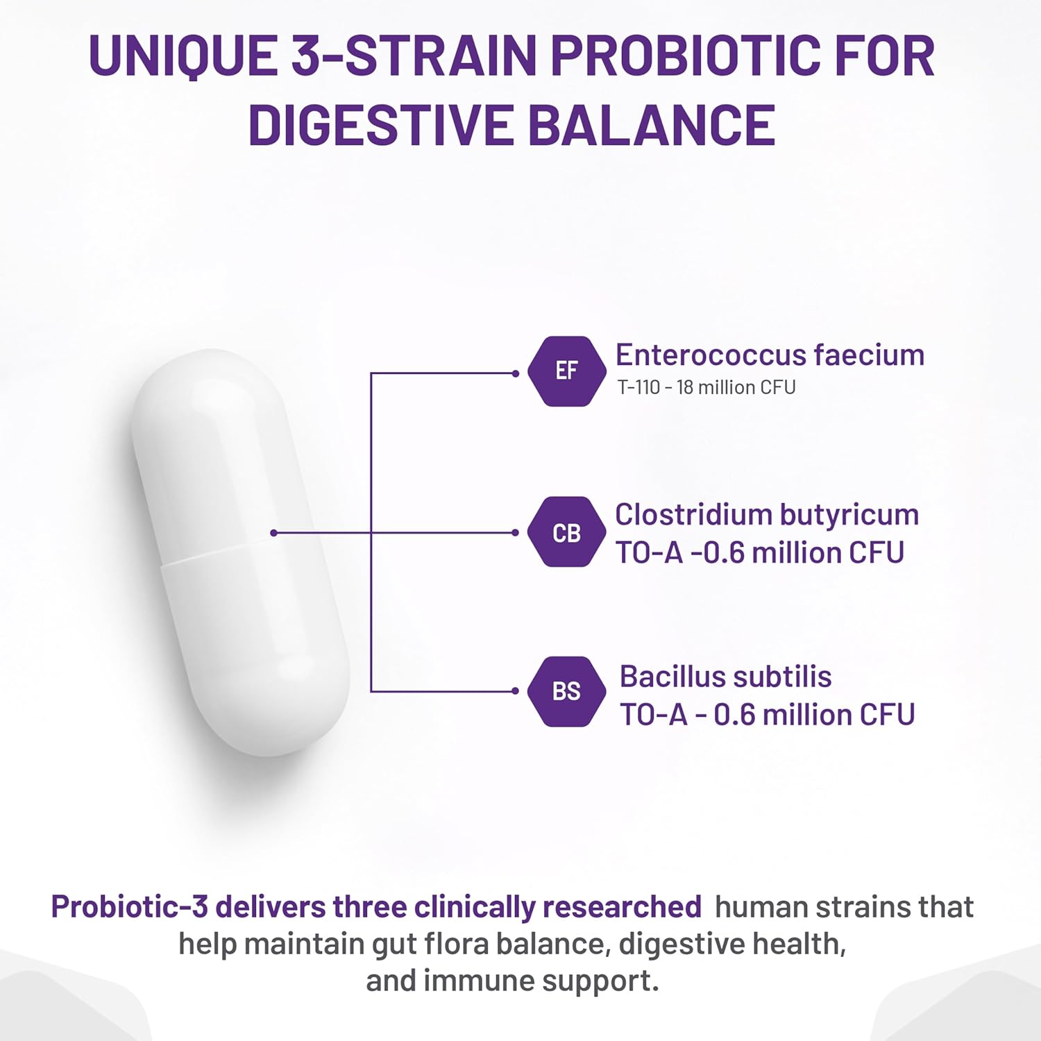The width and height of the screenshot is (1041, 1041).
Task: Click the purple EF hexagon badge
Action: pyautogui.click(x=566, y=371)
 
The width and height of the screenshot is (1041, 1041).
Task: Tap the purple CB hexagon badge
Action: pyautogui.click(x=566, y=532)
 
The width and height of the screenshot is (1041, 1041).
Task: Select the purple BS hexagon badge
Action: pyautogui.click(x=566, y=691)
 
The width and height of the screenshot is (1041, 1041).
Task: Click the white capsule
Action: pyautogui.click(x=240, y=552)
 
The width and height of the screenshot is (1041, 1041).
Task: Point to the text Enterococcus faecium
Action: pyautogui.click(x=770, y=355)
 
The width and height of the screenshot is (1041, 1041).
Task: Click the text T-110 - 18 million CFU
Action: pyautogui.click(x=706, y=387)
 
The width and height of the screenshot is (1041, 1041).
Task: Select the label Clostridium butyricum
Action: pyautogui.click(x=767, y=515)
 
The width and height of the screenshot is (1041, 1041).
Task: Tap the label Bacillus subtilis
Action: pyautogui.click(x=725, y=677)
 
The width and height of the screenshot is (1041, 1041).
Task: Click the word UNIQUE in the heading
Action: pyautogui.click(x=183, y=56)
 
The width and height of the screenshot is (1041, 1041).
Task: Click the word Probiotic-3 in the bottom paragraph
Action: pyautogui.click(x=130, y=907)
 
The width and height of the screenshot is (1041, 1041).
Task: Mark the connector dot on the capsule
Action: pyautogui.click(x=274, y=533)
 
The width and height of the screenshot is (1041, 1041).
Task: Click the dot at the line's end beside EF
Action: pyautogui.click(x=515, y=373)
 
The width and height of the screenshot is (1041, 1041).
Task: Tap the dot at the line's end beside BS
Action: pyautogui.click(x=515, y=691)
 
